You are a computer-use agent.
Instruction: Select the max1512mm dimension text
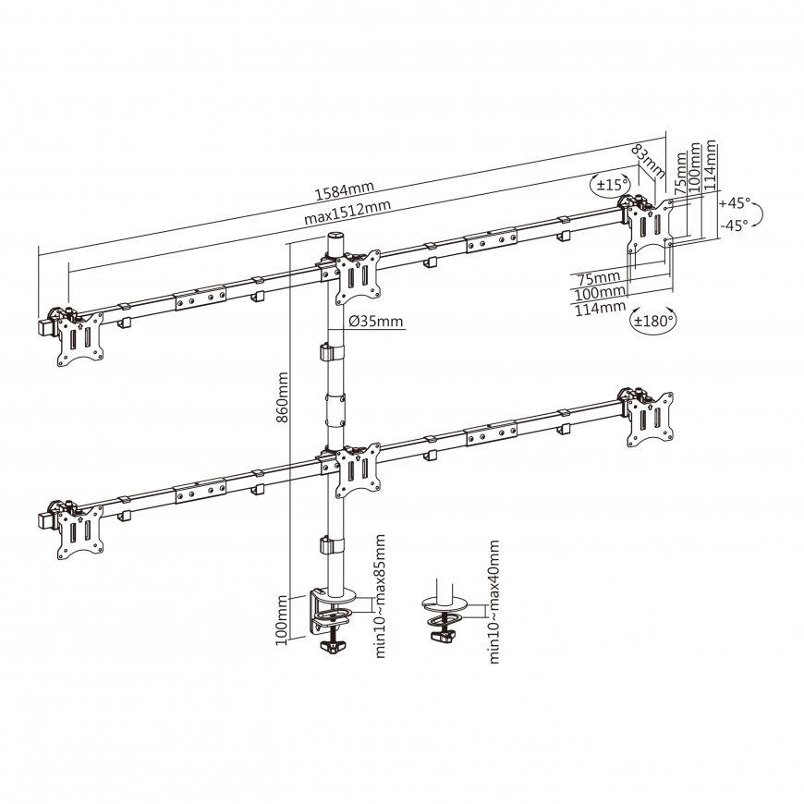pyautogui.click(x=347, y=211)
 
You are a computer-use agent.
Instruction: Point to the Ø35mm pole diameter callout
pyautogui.click(x=376, y=322)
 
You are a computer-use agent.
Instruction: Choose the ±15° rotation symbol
pyautogui.click(x=610, y=185)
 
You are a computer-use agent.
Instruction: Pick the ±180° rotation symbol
pyautogui.click(x=653, y=321)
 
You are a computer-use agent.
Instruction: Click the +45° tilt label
pyautogui.click(x=735, y=203)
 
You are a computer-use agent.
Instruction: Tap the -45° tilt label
pyautogui.click(x=734, y=225)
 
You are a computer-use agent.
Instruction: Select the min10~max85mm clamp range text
pyautogui.click(x=380, y=596)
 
